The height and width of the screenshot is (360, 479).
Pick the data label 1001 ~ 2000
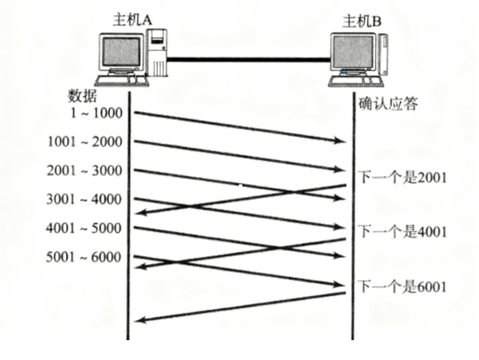(x=85, y=141)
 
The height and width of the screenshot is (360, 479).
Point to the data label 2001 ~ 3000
(x=85, y=170)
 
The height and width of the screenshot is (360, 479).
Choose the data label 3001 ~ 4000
(x=85, y=199)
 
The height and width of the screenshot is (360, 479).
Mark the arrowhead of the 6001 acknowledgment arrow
(x=140, y=320)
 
